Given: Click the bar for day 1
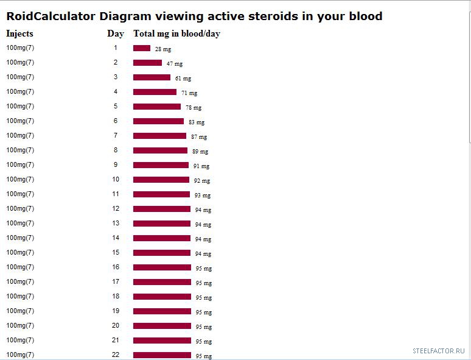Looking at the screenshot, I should (142, 48).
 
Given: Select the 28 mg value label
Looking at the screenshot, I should (162, 49).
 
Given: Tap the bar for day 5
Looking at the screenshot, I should (157, 107).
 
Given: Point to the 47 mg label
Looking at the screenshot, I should (175, 63).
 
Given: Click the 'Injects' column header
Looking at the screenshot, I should (19, 34).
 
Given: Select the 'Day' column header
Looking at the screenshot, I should (116, 34).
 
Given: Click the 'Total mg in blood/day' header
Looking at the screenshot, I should (176, 34).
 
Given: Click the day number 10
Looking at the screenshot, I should (116, 179).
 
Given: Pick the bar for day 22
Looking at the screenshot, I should (162, 355).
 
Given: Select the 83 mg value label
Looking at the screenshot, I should (197, 122).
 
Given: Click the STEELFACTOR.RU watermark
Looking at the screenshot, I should (438, 351).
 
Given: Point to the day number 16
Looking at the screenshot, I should (116, 267).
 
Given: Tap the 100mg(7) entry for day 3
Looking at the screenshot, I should (20, 77).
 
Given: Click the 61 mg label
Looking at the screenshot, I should (183, 78).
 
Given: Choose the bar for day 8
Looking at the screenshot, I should (160, 150).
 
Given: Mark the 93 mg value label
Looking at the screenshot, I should (203, 195).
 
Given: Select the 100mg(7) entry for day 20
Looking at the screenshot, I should (20, 325).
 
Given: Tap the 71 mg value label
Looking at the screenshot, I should (189, 93).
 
